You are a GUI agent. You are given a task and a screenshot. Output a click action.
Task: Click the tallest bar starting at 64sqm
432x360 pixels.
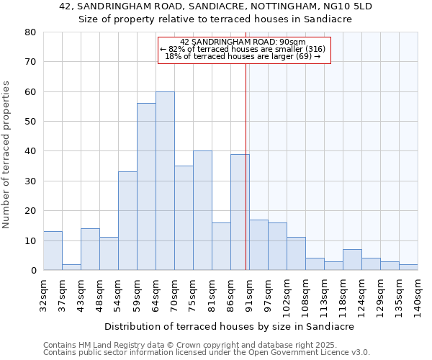(x=165, y=181)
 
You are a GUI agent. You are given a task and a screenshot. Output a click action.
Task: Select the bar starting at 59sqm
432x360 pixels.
(x=146, y=186)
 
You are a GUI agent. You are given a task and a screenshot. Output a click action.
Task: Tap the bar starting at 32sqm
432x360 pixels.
(x=53, y=251)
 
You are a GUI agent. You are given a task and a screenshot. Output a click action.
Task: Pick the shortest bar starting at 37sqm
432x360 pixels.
(x=71, y=267)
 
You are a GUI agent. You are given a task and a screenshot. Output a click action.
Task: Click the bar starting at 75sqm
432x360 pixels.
(x=202, y=210)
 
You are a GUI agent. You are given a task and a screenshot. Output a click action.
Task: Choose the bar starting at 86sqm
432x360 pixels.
(x=240, y=212)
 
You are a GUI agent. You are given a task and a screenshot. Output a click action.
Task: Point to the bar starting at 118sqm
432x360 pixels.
(x=352, y=260)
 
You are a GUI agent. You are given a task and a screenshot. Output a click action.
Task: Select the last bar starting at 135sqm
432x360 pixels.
(x=408, y=267)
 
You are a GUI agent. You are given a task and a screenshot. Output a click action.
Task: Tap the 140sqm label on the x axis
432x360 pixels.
(x=418, y=297)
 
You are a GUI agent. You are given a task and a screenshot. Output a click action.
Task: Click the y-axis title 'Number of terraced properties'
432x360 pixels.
(x=6, y=154)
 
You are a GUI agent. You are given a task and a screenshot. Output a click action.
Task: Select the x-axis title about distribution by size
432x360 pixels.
(x=230, y=326)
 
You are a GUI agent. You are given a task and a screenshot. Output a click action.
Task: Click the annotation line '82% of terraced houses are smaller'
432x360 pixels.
(x=243, y=49)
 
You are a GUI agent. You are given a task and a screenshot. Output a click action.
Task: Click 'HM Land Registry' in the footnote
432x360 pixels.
(x=102, y=345)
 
